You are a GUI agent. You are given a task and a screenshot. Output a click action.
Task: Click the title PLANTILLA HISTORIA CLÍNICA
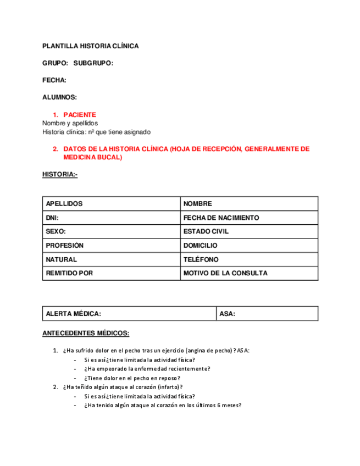point(90,46)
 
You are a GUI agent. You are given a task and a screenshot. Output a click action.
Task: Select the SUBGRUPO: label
point(93,63)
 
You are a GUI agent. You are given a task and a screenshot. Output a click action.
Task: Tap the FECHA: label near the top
point(54,80)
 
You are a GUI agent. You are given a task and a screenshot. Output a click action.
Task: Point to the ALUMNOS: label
point(59,97)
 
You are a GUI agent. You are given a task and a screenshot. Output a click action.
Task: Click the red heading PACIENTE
point(80,115)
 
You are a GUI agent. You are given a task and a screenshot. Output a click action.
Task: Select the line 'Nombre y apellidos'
point(70,123)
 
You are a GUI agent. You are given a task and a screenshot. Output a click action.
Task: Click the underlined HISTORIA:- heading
point(60,175)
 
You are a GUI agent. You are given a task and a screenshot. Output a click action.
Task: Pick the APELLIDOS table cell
point(111,204)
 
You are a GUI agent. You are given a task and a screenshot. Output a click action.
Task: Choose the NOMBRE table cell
point(249,204)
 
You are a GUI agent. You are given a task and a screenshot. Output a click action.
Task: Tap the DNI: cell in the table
point(111,218)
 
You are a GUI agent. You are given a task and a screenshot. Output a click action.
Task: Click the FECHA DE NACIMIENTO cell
point(249,218)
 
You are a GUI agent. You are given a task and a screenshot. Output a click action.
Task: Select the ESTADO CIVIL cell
point(249,231)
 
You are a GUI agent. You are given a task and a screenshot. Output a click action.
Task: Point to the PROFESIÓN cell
point(111,246)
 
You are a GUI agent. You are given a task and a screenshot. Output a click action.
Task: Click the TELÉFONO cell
point(249,259)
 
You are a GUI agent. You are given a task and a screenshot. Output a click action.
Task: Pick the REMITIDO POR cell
point(111,273)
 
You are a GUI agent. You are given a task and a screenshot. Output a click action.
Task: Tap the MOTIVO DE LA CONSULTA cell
point(249,273)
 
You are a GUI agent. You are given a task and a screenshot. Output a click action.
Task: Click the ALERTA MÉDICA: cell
point(129,314)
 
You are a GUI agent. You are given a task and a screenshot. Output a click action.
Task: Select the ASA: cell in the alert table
point(267,314)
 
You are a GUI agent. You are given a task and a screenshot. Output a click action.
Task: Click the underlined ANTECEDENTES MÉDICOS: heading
point(86,333)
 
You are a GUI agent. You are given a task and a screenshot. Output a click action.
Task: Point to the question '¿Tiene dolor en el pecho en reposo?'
point(132,378)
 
